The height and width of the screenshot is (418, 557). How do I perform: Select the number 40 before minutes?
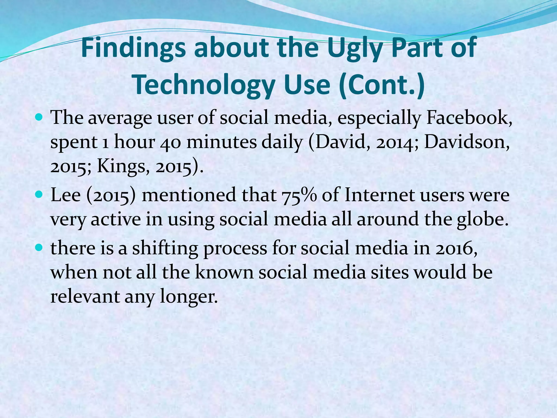pyautogui.click(x=170, y=142)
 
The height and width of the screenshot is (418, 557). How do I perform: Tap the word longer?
pyautogui.click(x=189, y=297)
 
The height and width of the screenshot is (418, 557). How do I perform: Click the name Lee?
pyautogui.click(x=66, y=195)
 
